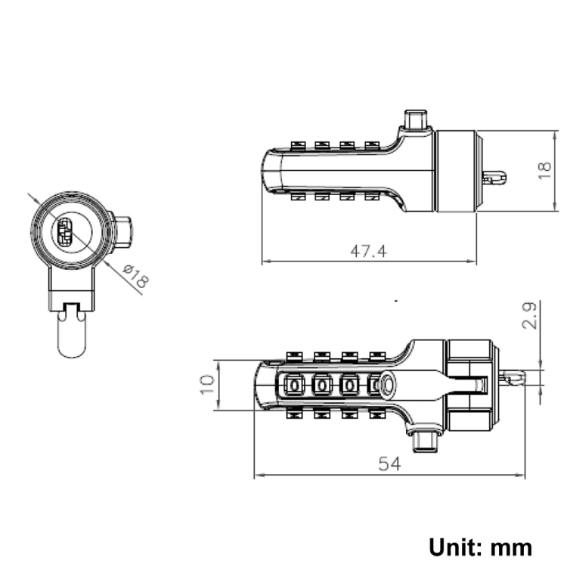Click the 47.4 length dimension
(x=368, y=251)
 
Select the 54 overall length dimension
(x=389, y=464)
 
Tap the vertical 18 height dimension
(x=545, y=170)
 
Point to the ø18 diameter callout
(x=136, y=276)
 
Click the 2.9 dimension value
(x=530, y=316)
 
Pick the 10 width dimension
(x=207, y=385)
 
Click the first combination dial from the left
(x=294, y=386)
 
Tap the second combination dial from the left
(x=321, y=386)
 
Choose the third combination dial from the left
(x=349, y=386)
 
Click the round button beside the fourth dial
(x=387, y=384)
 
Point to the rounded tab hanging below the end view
(x=73, y=334)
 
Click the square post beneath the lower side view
(x=426, y=442)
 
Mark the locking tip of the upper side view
(x=494, y=178)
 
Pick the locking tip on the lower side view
(x=513, y=377)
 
